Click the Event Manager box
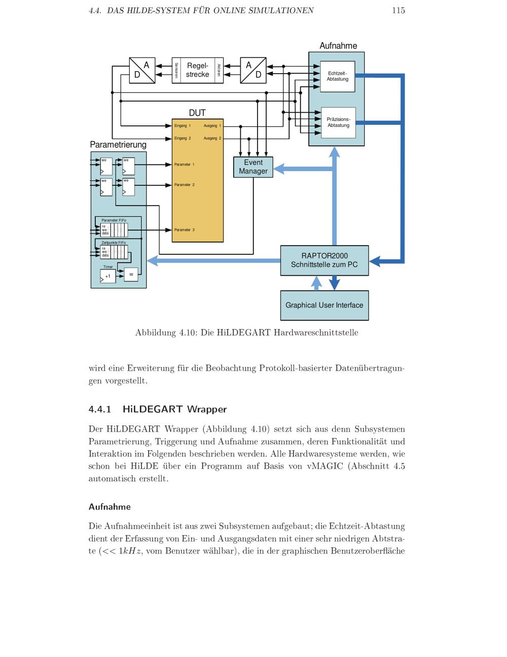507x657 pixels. (x=253, y=167)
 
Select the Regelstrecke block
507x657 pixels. (x=197, y=70)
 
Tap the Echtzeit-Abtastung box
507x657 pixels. (x=338, y=77)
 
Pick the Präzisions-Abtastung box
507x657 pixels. (x=338, y=122)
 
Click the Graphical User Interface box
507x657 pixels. (x=324, y=305)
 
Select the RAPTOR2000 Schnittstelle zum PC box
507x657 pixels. (x=324, y=260)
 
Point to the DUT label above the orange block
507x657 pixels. (x=197, y=113)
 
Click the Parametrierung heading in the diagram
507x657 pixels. (x=118, y=145)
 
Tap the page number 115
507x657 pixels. (x=398, y=11)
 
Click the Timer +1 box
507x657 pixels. (x=108, y=276)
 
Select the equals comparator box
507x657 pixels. (x=131, y=274)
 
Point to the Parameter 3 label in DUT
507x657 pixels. (x=184, y=230)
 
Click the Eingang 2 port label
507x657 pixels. (x=183, y=138)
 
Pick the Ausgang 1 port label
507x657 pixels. (x=212, y=125)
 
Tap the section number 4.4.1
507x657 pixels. (x=99, y=409)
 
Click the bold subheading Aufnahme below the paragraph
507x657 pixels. (x=110, y=507)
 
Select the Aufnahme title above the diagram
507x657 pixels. (x=338, y=46)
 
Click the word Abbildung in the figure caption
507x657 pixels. (x=155, y=333)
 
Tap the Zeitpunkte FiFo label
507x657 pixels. (x=114, y=243)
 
